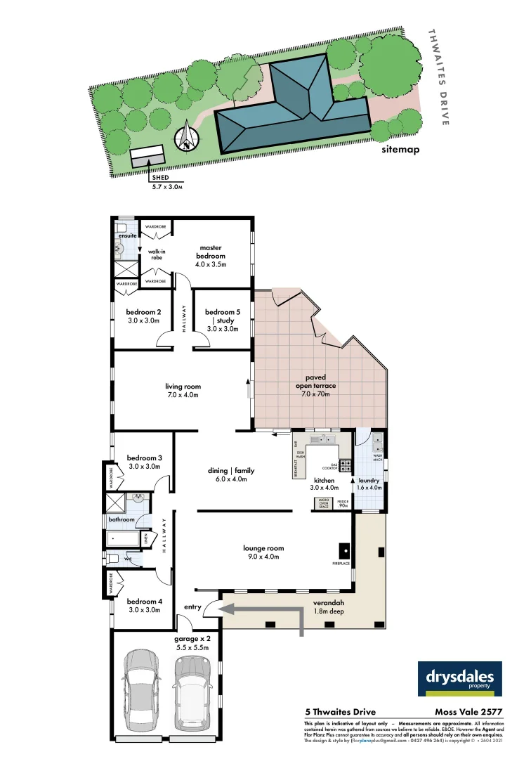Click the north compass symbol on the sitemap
pos(187,136)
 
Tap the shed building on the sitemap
pos(147,157)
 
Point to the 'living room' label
pos(183,391)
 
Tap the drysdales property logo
pos(460,680)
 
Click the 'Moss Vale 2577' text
pos(468,712)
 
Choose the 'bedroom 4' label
pos(144,605)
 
